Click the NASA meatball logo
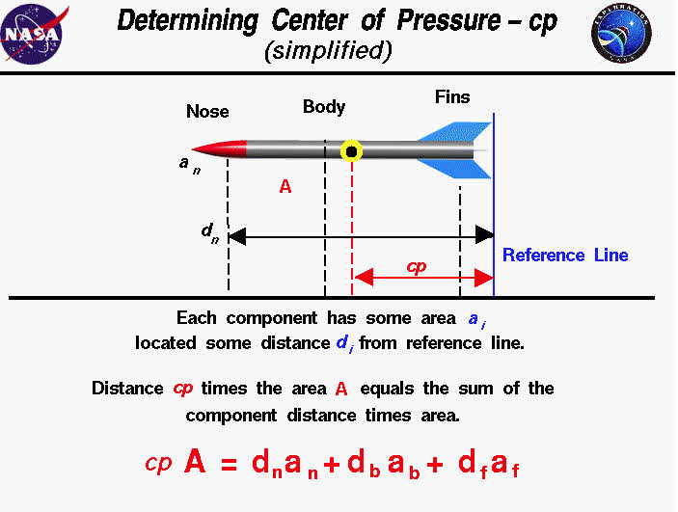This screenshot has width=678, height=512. click(33, 35)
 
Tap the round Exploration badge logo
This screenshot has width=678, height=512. click(621, 34)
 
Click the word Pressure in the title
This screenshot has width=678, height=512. click(448, 21)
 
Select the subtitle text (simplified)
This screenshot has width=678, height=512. click(328, 50)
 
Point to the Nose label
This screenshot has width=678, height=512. click(207, 112)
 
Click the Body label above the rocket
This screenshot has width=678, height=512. click(324, 107)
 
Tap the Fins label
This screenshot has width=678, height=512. click(452, 96)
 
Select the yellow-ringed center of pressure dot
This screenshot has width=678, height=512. click(352, 151)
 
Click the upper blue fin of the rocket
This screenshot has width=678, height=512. click(457, 132)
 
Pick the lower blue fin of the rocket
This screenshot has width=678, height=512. click(457, 169)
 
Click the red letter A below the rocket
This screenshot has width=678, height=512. click(285, 187)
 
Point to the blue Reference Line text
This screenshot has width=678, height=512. click(565, 256)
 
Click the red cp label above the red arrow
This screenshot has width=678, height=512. click(417, 266)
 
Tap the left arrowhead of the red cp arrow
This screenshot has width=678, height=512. click(365, 277)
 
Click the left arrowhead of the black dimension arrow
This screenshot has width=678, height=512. click(237, 236)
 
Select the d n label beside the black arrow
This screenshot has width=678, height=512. click(210, 232)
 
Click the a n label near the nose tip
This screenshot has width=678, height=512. click(190, 165)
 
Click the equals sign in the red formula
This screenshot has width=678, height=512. click(229, 465)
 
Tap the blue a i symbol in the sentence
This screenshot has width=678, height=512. click(477, 320)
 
